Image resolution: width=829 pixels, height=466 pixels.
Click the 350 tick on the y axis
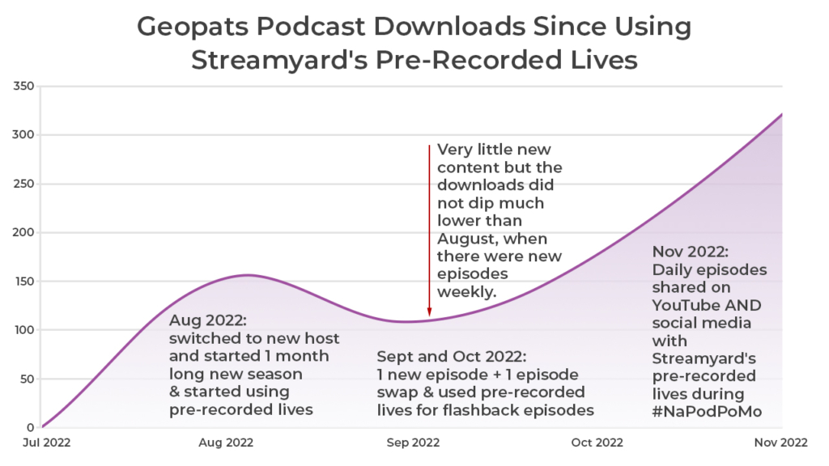click(23, 87)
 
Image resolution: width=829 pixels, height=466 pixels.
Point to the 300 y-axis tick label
click(23, 135)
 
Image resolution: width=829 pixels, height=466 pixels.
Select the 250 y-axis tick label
click(23, 184)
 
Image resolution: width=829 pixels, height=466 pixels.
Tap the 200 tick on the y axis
click(23, 233)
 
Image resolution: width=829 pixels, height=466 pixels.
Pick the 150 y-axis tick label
click(23, 282)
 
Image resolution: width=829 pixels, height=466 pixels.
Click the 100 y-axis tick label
click(23, 330)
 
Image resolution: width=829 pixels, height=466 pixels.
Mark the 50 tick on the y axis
click(26, 379)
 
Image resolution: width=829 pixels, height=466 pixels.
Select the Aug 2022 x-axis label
click(226, 443)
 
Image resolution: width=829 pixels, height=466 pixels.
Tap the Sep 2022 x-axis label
click(414, 443)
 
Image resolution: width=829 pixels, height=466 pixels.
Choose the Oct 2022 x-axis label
click(597, 443)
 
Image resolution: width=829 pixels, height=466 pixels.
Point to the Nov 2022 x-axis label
click(781, 443)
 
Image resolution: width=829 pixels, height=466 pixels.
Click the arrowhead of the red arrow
click(429, 312)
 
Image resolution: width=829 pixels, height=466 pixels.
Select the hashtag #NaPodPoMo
click(708, 412)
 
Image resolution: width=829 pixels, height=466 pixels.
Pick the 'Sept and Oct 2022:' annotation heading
click(452, 357)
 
